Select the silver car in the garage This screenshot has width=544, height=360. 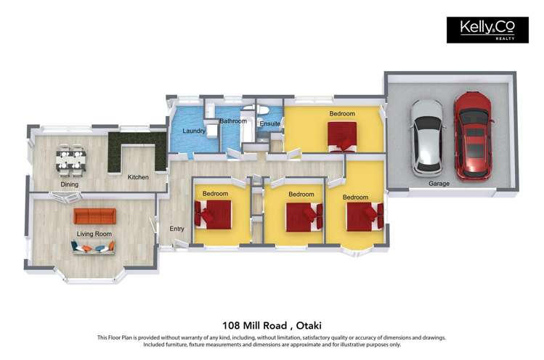426,137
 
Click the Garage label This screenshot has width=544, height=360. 439,184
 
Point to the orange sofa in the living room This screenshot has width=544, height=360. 94,216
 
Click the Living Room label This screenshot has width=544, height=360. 94,233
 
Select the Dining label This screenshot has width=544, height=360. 70,184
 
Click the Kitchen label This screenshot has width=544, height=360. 138,177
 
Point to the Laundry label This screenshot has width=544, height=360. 193,131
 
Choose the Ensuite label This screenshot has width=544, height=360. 269,124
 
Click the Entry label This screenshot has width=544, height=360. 176,229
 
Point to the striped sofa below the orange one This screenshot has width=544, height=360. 93,247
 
